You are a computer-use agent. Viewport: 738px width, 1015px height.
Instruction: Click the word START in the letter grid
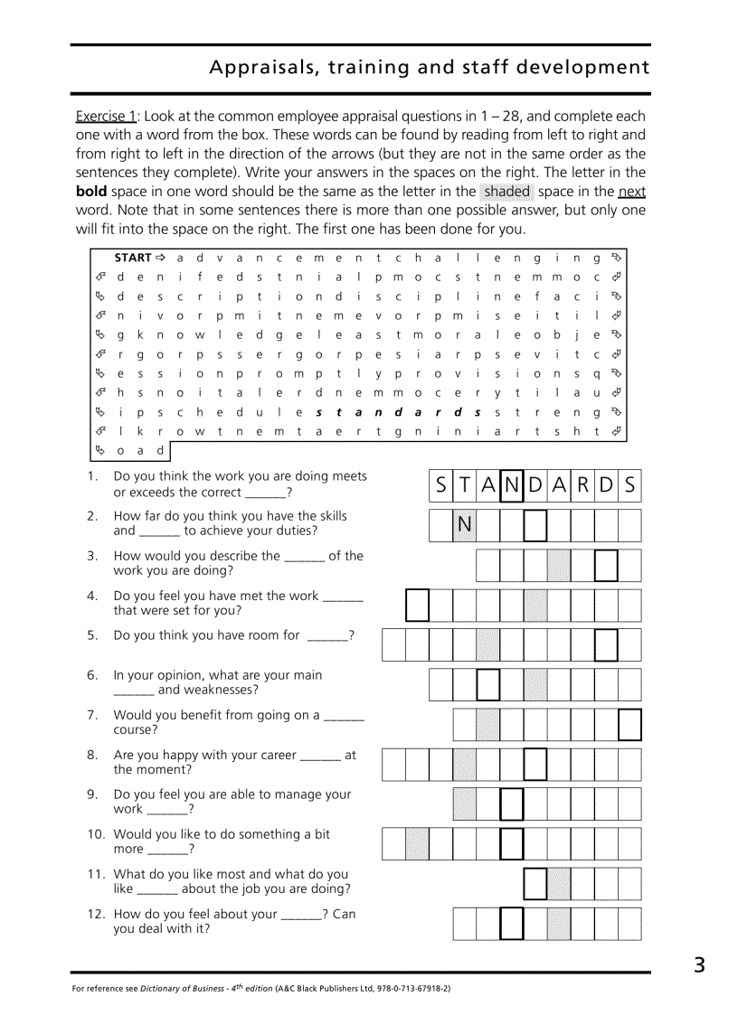coord(133,258)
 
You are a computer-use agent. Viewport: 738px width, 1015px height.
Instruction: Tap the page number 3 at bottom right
coord(699,965)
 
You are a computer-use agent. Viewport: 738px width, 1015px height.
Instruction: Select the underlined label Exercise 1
coord(106,116)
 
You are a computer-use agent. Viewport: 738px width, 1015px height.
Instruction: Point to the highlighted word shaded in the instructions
coord(506,191)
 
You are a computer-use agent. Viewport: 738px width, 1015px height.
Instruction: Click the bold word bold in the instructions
coord(91,191)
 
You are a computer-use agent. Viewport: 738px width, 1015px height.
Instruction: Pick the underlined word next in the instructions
coord(631,191)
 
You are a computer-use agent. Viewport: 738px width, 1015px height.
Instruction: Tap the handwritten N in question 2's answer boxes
coord(465,525)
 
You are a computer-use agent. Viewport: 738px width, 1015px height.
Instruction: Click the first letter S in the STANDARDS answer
coord(440,485)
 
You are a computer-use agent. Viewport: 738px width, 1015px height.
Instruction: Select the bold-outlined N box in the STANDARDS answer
coord(511,485)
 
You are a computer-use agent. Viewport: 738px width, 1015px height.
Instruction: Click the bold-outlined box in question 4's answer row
coord(417,605)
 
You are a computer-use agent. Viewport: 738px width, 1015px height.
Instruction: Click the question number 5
coord(92,635)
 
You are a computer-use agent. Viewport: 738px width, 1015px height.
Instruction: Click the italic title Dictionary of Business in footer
coord(181,989)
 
